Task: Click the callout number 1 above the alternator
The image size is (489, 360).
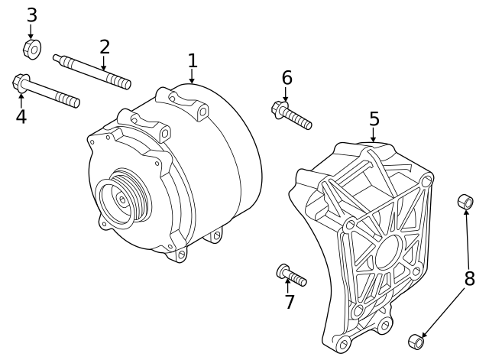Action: (x=193, y=60)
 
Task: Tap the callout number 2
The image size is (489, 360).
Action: (x=105, y=47)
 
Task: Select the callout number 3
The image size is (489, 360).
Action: (x=31, y=15)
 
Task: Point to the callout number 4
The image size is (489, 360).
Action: (x=21, y=117)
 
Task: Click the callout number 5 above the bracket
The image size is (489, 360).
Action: (x=374, y=118)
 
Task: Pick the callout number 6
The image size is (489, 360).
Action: (x=287, y=78)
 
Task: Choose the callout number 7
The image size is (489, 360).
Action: (x=289, y=302)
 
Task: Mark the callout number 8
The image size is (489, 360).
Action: (x=469, y=278)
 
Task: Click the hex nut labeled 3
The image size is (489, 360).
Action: (x=31, y=50)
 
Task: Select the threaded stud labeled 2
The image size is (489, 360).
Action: (x=92, y=70)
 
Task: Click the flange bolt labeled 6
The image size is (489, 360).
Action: (x=291, y=115)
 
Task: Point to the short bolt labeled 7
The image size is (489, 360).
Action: (x=291, y=274)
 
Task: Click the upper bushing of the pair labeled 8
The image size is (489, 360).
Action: (x=465, y=203)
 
